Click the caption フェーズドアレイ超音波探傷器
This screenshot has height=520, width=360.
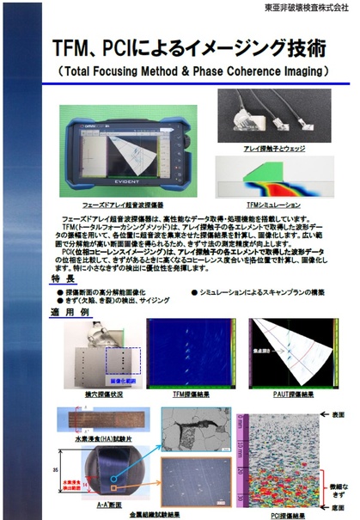point(116,204)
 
